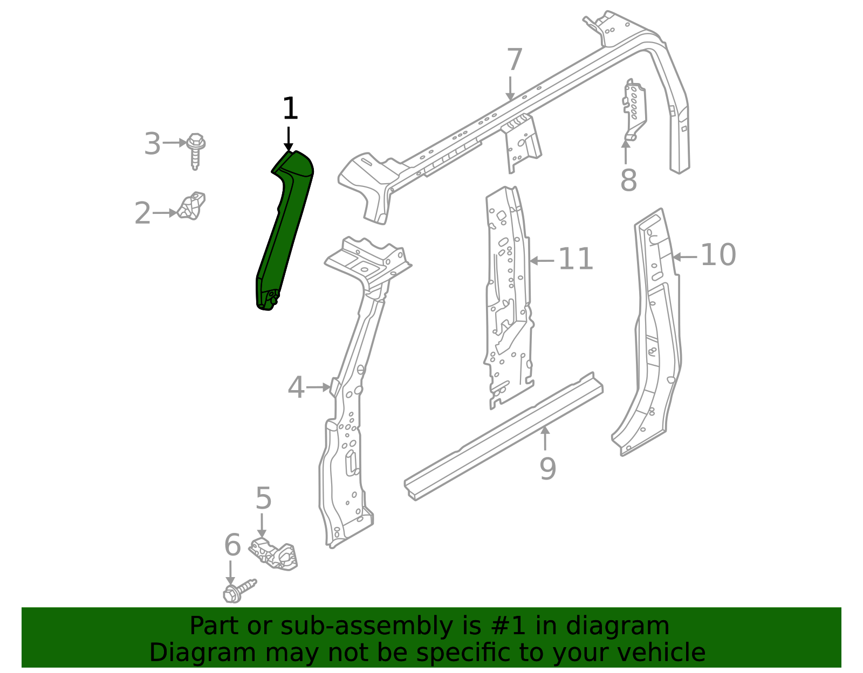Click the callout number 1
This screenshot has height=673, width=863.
290,109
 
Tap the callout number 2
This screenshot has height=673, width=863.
142,214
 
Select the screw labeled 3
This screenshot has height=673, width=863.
196,150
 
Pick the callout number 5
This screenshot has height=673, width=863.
263,498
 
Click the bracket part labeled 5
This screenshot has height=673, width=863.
274,553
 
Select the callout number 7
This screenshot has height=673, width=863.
515,60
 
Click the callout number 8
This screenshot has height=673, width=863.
628,181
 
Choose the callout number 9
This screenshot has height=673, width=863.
547,469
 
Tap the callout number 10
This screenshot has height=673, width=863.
718,255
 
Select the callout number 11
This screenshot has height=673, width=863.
576,260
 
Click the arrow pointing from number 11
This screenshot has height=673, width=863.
542,261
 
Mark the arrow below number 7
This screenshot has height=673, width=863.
510,88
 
